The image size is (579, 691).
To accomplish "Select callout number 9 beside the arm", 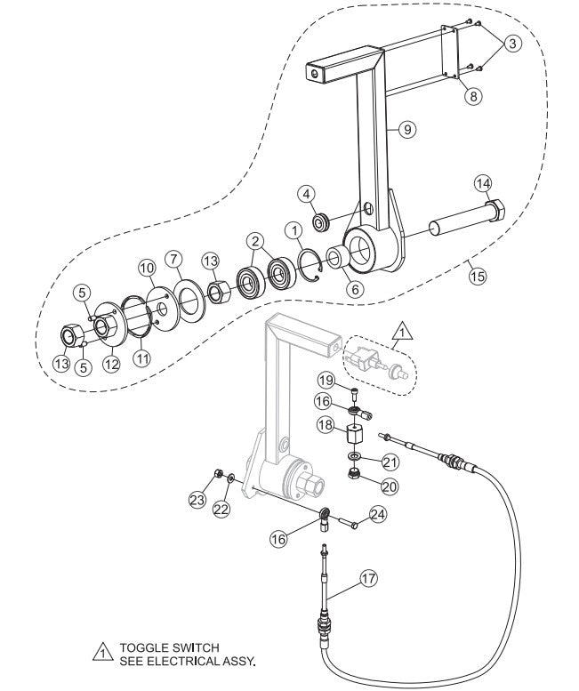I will coord(406,130).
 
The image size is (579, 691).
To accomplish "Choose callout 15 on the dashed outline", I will coord(477,276).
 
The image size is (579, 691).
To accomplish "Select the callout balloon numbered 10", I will coord(146,267).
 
